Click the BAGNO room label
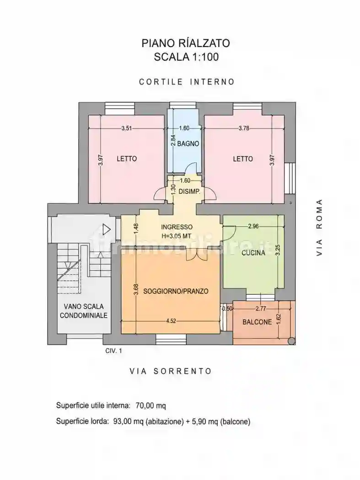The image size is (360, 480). [188, 144]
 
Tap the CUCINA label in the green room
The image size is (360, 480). [253, 253]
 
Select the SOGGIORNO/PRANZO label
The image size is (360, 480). [176, 291]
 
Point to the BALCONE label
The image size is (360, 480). [257, 322]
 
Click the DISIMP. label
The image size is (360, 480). [189, 192]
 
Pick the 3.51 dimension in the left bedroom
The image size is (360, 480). [127, 128]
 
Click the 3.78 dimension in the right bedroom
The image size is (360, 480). [244, 128]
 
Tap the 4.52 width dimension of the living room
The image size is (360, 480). [171, 321]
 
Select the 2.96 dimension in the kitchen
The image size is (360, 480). [253, 226]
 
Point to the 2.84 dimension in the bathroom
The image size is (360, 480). [173, 140]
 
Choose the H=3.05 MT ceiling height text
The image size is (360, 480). [177, 236]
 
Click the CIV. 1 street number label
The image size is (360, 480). [113, 351]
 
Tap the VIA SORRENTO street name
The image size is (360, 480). [171, 371]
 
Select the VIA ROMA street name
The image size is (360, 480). [319, 228]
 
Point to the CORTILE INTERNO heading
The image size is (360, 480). [187, 82]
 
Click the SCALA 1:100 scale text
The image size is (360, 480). [186, 57]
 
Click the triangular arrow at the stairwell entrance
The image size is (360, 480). [106, 229]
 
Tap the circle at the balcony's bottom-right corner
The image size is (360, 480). [292, 341]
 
